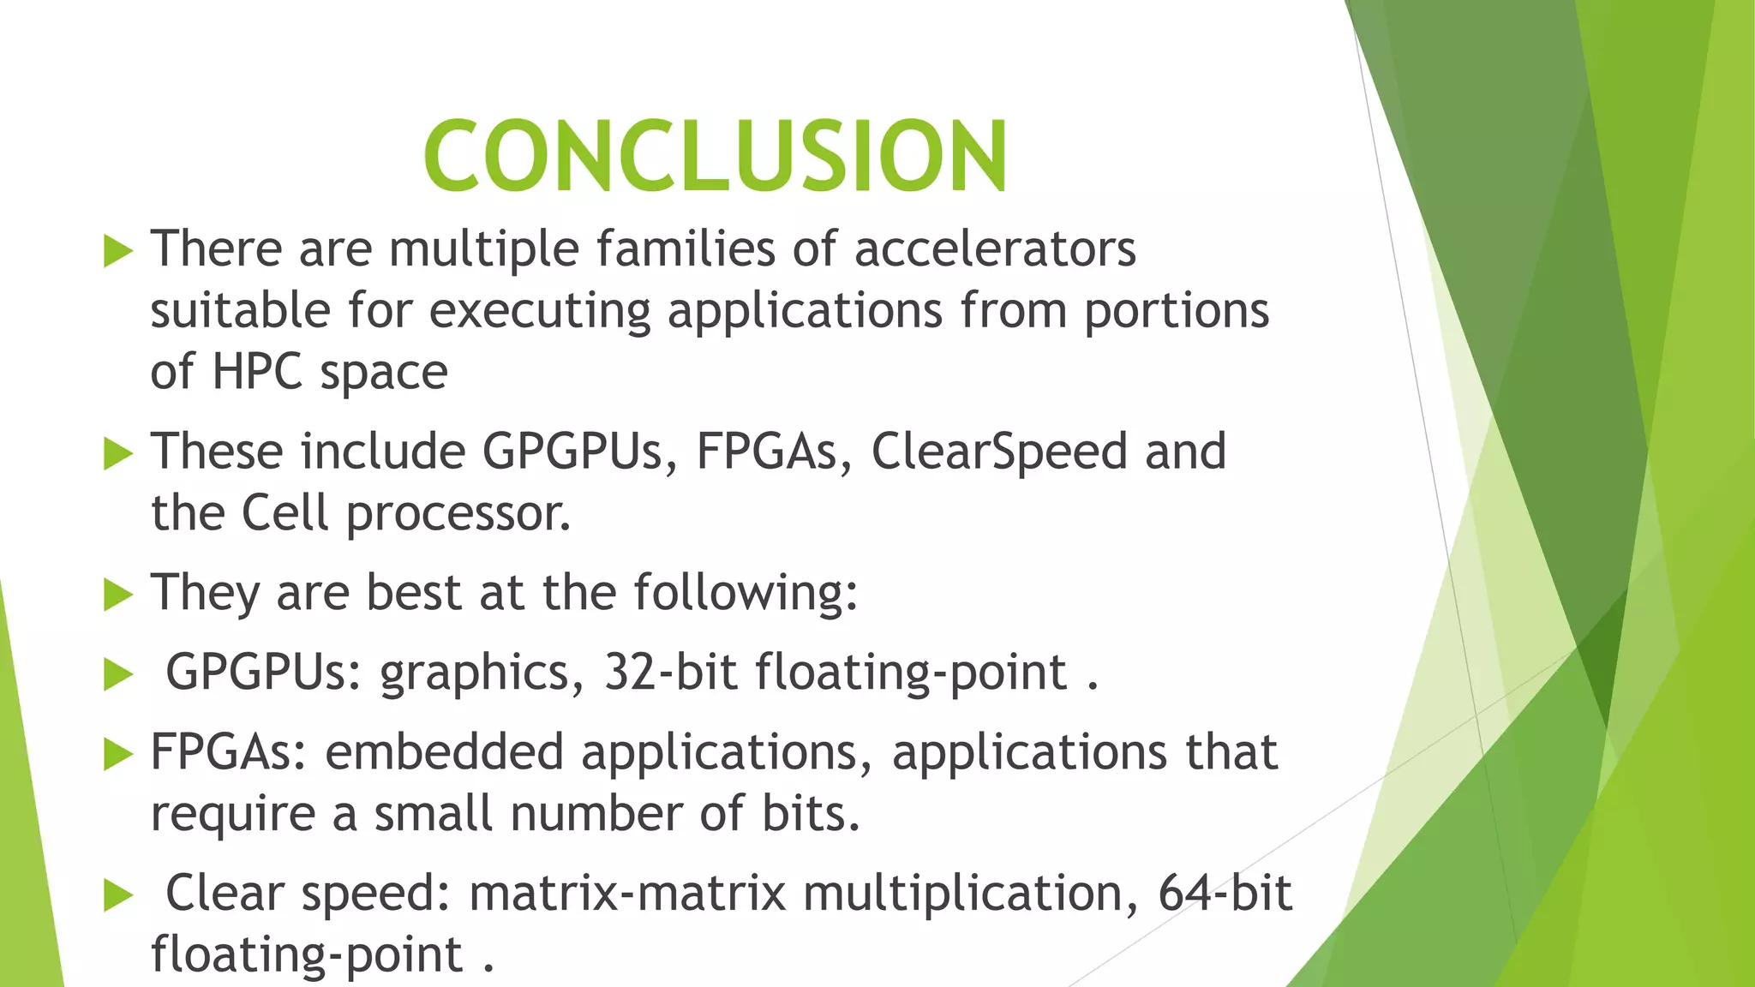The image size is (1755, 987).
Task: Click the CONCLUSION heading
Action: click(716, 156)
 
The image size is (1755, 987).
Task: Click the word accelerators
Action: click(995, 248)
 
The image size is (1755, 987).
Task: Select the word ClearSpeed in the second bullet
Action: click(999, 452)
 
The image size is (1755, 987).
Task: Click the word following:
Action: click(746, 592)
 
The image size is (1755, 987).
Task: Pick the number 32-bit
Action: click(670, 672)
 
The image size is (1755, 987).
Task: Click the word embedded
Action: click(444, 751)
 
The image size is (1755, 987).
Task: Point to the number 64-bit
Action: click(1225, 893)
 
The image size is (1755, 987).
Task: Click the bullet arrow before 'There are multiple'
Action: click(118, 252)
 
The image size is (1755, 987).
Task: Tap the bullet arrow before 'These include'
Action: click(118, 454)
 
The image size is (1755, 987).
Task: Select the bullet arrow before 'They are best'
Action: click(118, 595)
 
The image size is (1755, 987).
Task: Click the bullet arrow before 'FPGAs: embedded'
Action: click(118, 755)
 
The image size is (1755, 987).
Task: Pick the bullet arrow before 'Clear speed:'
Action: click(118, 896)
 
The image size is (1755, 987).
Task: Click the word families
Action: click(686, 248)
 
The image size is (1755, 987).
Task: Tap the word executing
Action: click(540, 312)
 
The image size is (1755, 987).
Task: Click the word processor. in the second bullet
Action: click(458, 514)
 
